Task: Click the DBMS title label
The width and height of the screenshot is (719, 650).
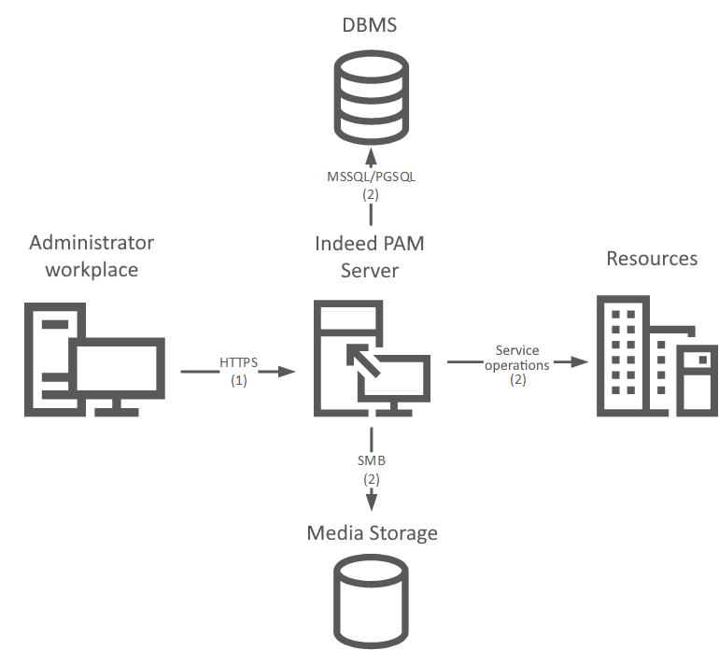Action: [x=369, y=25]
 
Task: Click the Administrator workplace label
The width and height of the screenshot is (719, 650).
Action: [x=92, y=256]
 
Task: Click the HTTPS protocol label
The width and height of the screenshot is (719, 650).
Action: [x=238, y=362]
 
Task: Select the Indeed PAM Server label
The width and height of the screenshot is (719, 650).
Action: [x=370, y=256]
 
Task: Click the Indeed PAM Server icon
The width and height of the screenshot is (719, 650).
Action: [x=372, y=360]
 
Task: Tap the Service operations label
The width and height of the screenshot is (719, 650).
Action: [x=516, y=358]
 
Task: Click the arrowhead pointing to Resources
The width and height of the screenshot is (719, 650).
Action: [x=578, y=361]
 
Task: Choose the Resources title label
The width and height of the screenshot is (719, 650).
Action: [x=652, y=258]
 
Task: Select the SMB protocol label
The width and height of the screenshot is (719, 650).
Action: [x=371, y=460]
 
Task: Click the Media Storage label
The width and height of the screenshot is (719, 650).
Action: [x=372, y=533]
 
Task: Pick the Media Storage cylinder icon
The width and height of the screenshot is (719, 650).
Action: [x=371, y=602]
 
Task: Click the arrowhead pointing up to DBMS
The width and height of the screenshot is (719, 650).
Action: [x=371, y=154]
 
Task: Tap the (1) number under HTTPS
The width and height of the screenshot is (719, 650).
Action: [x=238, y=380]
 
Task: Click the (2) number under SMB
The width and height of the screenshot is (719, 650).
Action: [x=371, y=478]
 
